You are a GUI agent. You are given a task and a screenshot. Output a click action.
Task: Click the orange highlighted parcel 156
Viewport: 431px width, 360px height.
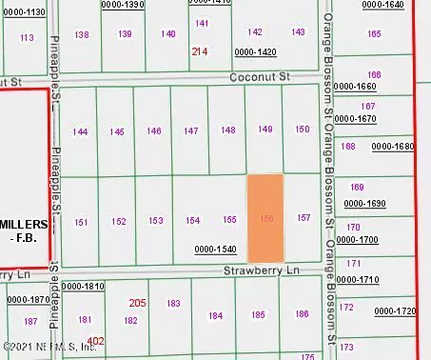coord(265,218)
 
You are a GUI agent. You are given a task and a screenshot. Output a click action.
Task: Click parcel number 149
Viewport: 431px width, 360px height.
coord(265,130)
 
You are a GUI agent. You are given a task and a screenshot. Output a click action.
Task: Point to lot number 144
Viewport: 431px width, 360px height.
coord(81,131)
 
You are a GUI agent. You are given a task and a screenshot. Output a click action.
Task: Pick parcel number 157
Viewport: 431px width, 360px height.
coord(304,218)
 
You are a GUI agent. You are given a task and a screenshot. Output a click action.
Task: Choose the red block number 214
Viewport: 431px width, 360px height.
coord(199,50)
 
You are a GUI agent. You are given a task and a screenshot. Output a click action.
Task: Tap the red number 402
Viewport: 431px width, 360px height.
coord(95,340)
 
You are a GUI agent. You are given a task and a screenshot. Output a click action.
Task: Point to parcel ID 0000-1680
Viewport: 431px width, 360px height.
coord(393,147)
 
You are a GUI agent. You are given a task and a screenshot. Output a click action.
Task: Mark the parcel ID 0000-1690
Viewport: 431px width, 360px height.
coord(366,203)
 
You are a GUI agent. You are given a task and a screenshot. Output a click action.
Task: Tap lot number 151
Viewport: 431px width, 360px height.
coord(82,222)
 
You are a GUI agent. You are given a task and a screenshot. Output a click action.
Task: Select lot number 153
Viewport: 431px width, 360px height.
coord(156,221)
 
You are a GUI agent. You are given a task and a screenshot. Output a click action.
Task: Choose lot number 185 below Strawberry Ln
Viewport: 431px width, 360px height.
coord(258,314)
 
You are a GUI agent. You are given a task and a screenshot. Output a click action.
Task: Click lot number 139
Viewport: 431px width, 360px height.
coord(126,34)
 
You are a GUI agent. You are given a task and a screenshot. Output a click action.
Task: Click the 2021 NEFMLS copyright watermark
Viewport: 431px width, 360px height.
coord(49,347)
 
